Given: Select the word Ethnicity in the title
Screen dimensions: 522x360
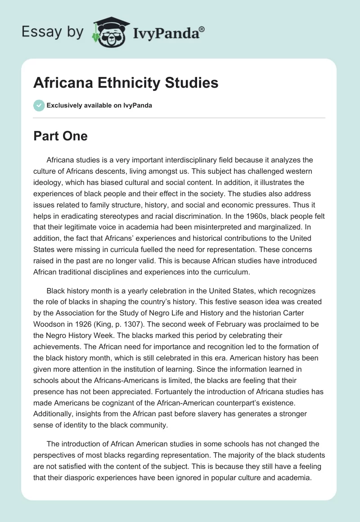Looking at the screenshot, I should (x=131, y=83).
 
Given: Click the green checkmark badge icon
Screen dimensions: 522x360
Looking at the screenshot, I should (x=39, y=106).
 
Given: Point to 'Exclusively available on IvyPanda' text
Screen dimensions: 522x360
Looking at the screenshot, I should (x=99, y=106).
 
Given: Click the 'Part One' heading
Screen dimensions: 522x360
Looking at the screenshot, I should (x=60, y=136).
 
